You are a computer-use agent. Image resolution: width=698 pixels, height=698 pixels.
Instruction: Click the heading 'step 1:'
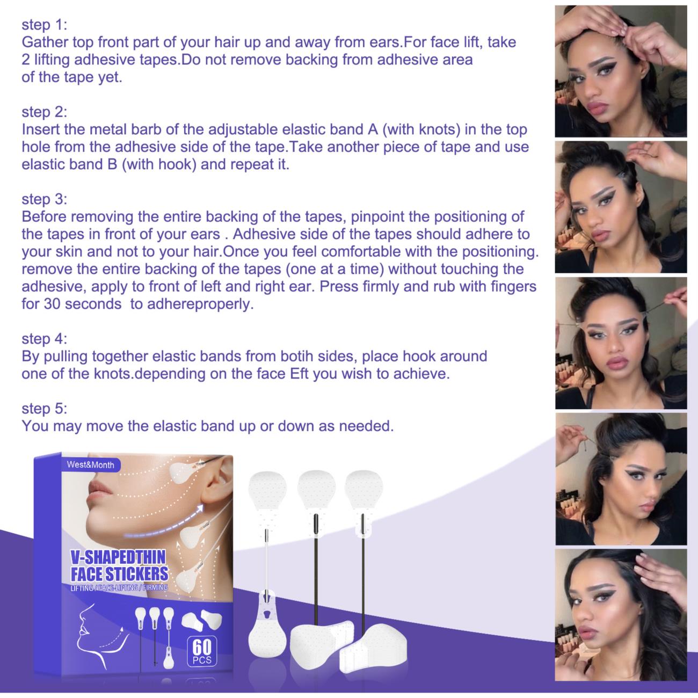[x=44, y=25]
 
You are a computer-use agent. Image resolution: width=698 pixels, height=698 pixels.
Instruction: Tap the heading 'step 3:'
[x=44, y=199]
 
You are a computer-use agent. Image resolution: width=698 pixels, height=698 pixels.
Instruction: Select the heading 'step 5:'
[x=44, y=409]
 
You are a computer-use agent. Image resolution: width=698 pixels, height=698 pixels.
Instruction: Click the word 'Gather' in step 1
[x=45, y=42]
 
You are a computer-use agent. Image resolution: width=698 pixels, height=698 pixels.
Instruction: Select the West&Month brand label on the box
[x=91, y=465]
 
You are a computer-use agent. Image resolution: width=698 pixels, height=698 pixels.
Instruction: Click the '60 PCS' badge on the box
[x=202, y=652]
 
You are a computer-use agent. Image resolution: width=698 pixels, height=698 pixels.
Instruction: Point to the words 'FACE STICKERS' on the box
[x=120, y=574]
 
